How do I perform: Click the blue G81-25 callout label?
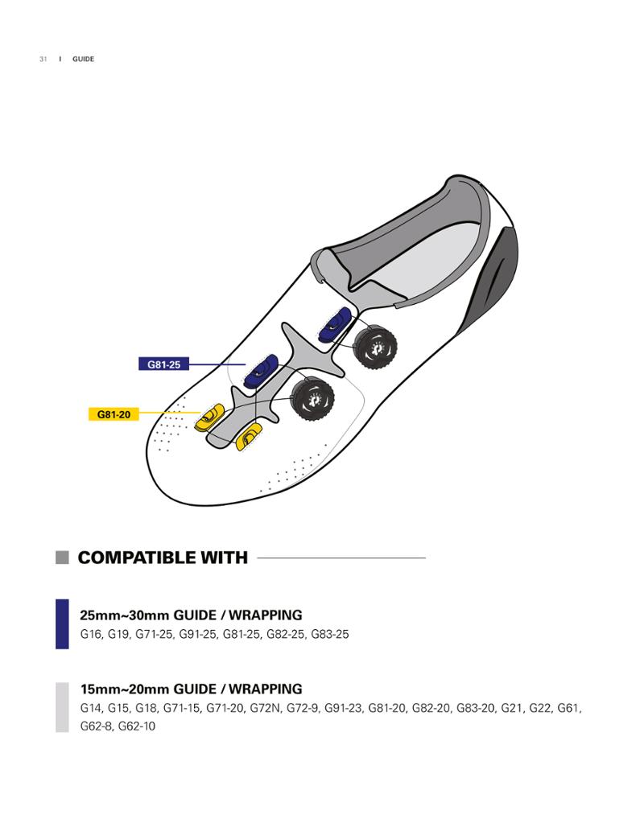click(x=163, y=364)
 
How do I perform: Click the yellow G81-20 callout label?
click(x=114, y=414)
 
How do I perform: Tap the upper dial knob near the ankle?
click(x=376, y=348)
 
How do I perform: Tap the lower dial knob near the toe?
click(x=312, y=399)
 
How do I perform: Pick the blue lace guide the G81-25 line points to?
click(x=261, y=371)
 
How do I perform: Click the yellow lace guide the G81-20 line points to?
click(x=209, y=417)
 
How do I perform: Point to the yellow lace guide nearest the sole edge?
click(x=248, y=438)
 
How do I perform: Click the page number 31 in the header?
click(x=43, y=59)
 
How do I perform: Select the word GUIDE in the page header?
click(x=83, y=59)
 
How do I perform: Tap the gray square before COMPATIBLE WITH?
click(x=62, y=557)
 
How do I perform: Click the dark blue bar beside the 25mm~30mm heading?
click(x=62, y=623)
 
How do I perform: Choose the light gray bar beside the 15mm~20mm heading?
click(x=62, y=707)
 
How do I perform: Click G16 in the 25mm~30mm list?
click(x=90, y=634)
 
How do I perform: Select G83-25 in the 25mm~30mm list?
click(x=330, y=634)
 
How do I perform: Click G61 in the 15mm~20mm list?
click(x=568, y=708)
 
